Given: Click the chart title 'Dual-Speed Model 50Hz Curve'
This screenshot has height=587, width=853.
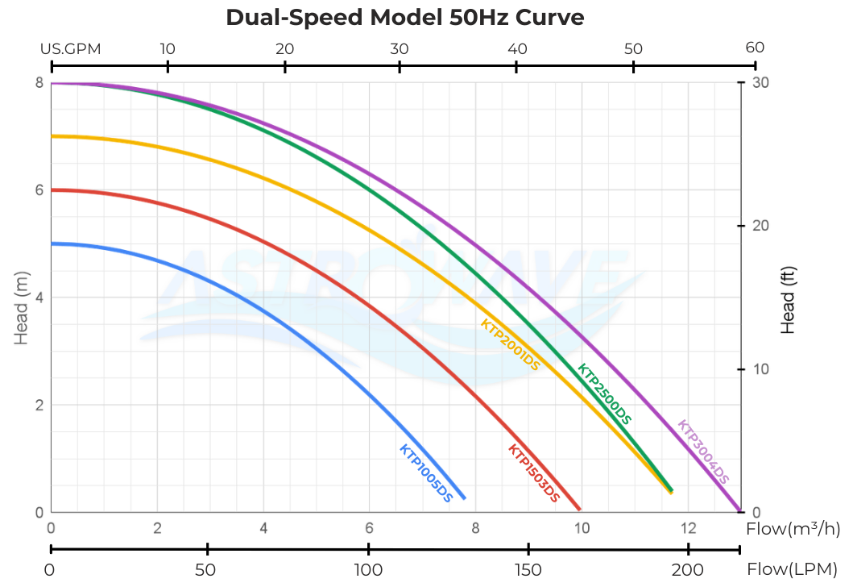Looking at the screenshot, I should [x=404, y=17].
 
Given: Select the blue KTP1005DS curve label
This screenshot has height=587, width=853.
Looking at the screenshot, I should [x=426, y=473].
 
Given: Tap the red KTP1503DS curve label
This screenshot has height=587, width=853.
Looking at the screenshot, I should [x=533, y=474].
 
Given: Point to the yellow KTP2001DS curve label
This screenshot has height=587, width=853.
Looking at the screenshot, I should [x=509, y=344].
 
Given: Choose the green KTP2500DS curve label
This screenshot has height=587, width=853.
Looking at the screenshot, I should [x=604, y=393].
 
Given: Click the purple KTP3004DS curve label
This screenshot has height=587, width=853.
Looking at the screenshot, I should [x=703, y=452].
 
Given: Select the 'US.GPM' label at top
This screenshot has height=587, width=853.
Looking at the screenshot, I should [x=71, y=48].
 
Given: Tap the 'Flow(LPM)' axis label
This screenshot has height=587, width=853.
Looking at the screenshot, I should [x=791, y=569].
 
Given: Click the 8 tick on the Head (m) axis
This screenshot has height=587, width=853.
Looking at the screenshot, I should [x=38, y=82].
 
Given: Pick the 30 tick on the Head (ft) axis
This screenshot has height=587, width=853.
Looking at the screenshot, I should [x=760, y=82].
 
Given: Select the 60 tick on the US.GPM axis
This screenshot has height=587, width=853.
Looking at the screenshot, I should [x=755, y=48].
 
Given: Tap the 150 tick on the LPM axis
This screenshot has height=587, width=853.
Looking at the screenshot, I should [x=528, y=569].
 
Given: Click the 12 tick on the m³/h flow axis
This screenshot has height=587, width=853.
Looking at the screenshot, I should [x=687, y=529].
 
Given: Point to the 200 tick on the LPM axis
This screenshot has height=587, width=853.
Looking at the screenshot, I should [x=688, y=569].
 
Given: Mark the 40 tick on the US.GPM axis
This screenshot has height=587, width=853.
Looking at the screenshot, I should [x=517, y=48].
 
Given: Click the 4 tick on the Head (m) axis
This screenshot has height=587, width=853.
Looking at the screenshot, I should [x=38, y=298].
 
